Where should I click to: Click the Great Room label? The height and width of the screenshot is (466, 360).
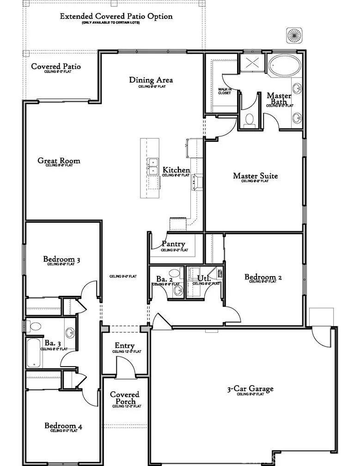click(59, 161)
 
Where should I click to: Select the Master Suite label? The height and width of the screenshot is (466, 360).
click(255, 176)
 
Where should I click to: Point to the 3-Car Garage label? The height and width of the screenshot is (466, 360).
click(250, 389)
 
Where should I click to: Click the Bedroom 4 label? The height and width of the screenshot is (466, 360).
click(63, 426)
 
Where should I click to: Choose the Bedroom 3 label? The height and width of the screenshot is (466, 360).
click(62, 259)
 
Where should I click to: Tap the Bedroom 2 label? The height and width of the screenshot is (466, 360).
click(263, 277)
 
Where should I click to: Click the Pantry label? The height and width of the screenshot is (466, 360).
click(174, 244)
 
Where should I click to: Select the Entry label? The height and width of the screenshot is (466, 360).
click(125, 346)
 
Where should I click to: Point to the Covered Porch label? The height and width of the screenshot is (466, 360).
click(124, 398)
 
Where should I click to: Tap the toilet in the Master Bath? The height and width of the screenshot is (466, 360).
click(250, 119)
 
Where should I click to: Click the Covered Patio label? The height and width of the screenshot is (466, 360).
click(56, 67)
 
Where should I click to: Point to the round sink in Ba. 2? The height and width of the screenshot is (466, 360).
click(178, 290)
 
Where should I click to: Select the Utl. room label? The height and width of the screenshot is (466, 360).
click(204, 278)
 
